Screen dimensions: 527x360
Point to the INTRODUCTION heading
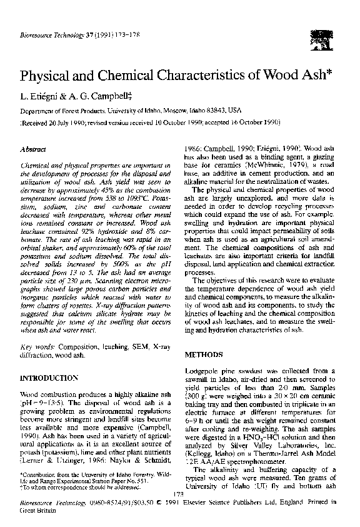(x=49, y=379)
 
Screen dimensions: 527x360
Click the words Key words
(x=36, y=346)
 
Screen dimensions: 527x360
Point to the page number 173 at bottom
(x=180, y=494)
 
